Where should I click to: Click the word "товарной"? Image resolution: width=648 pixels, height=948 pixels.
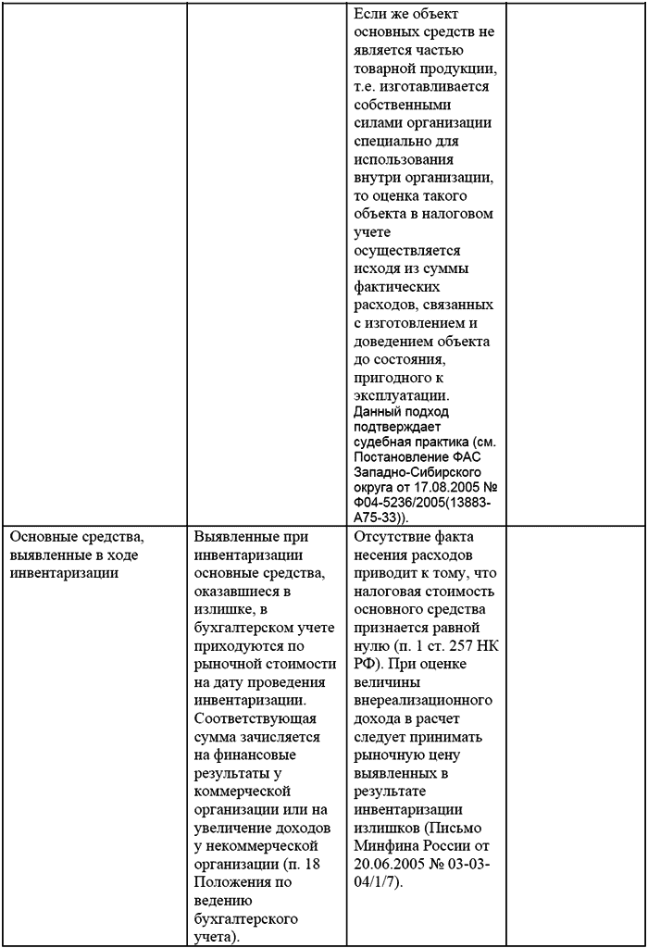point(381,69)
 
